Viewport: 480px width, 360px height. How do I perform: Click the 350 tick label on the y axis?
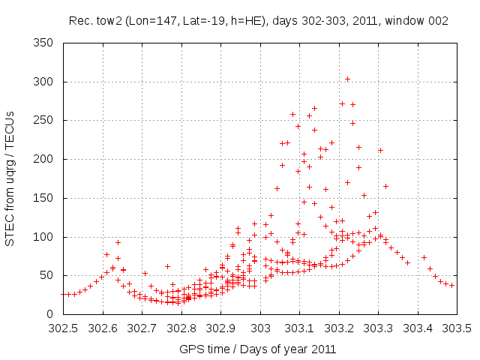coord(48,43)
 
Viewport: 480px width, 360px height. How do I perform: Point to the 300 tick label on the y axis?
coord(48,82)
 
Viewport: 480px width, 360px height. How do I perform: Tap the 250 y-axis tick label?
coord(48,120)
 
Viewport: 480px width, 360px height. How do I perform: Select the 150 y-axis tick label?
coord(48,198)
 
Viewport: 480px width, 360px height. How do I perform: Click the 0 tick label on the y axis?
coord(54,314)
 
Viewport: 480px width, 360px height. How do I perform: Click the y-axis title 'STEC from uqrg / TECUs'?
coord(10,178)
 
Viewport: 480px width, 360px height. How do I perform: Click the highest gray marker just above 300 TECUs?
coord(347,79)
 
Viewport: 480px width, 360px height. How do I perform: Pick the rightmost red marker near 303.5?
coord(452,285)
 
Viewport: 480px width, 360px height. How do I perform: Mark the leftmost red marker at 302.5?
coord(64,295)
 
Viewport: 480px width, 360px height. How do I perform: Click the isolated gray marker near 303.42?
coord(424,258)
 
